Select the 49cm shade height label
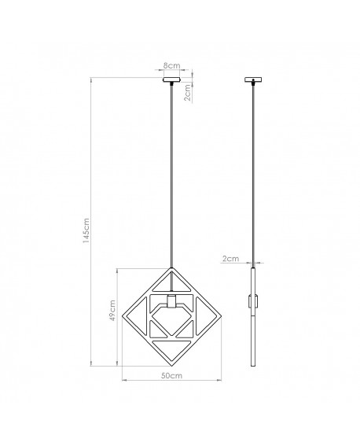pos(112,315)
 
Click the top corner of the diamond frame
pos(171,267)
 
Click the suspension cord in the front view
pos(171,173)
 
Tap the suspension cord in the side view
pos(253,173)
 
